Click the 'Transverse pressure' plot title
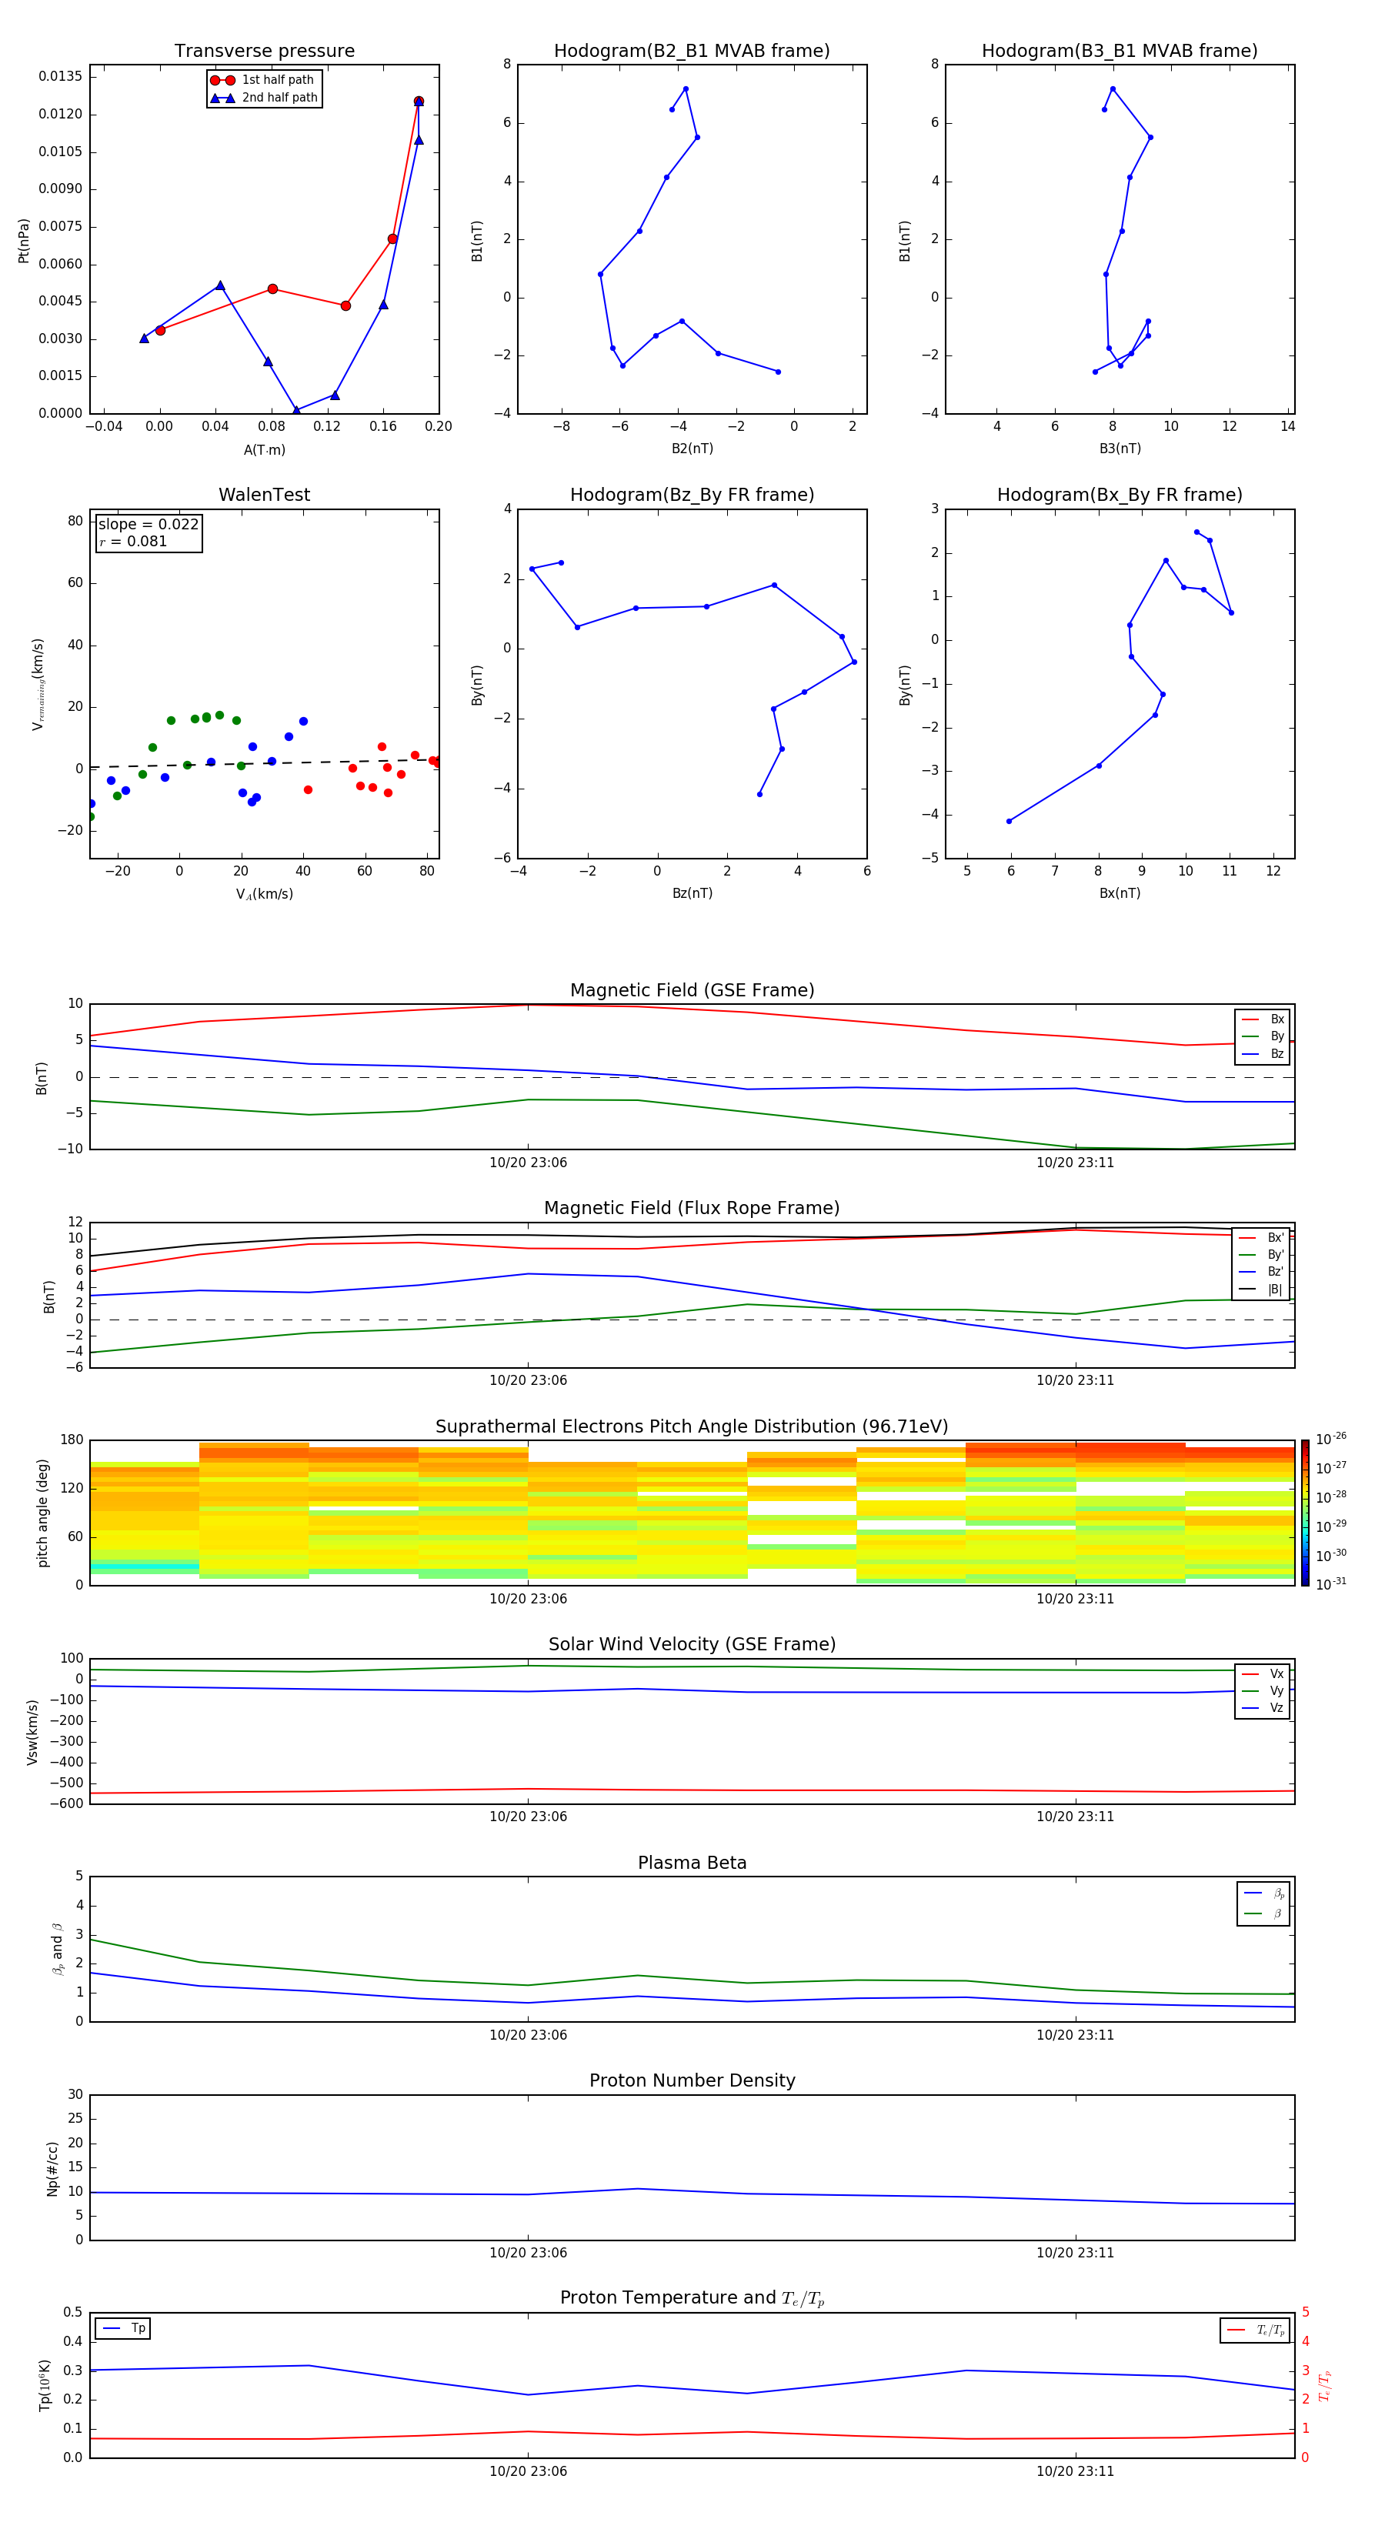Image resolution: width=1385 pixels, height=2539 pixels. [264, 50]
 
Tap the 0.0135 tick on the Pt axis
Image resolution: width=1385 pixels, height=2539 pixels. [60, 77]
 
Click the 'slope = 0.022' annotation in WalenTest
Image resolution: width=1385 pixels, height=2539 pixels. [148, 525]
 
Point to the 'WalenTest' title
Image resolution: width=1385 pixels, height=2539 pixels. [264, 495]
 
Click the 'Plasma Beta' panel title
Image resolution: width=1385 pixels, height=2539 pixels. [692, 1863]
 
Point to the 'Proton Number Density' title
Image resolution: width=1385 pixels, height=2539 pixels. [692, 2080]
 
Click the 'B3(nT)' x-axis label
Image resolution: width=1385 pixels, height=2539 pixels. [1120, 449]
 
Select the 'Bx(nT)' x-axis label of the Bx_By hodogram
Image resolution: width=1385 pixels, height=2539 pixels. [1120, 893]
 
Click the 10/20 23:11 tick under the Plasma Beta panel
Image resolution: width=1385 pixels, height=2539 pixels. [1074, 2034]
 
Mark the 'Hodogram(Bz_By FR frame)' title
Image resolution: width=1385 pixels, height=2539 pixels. [692, 495]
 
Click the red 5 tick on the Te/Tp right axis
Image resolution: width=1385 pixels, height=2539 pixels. [1305, 2312]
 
